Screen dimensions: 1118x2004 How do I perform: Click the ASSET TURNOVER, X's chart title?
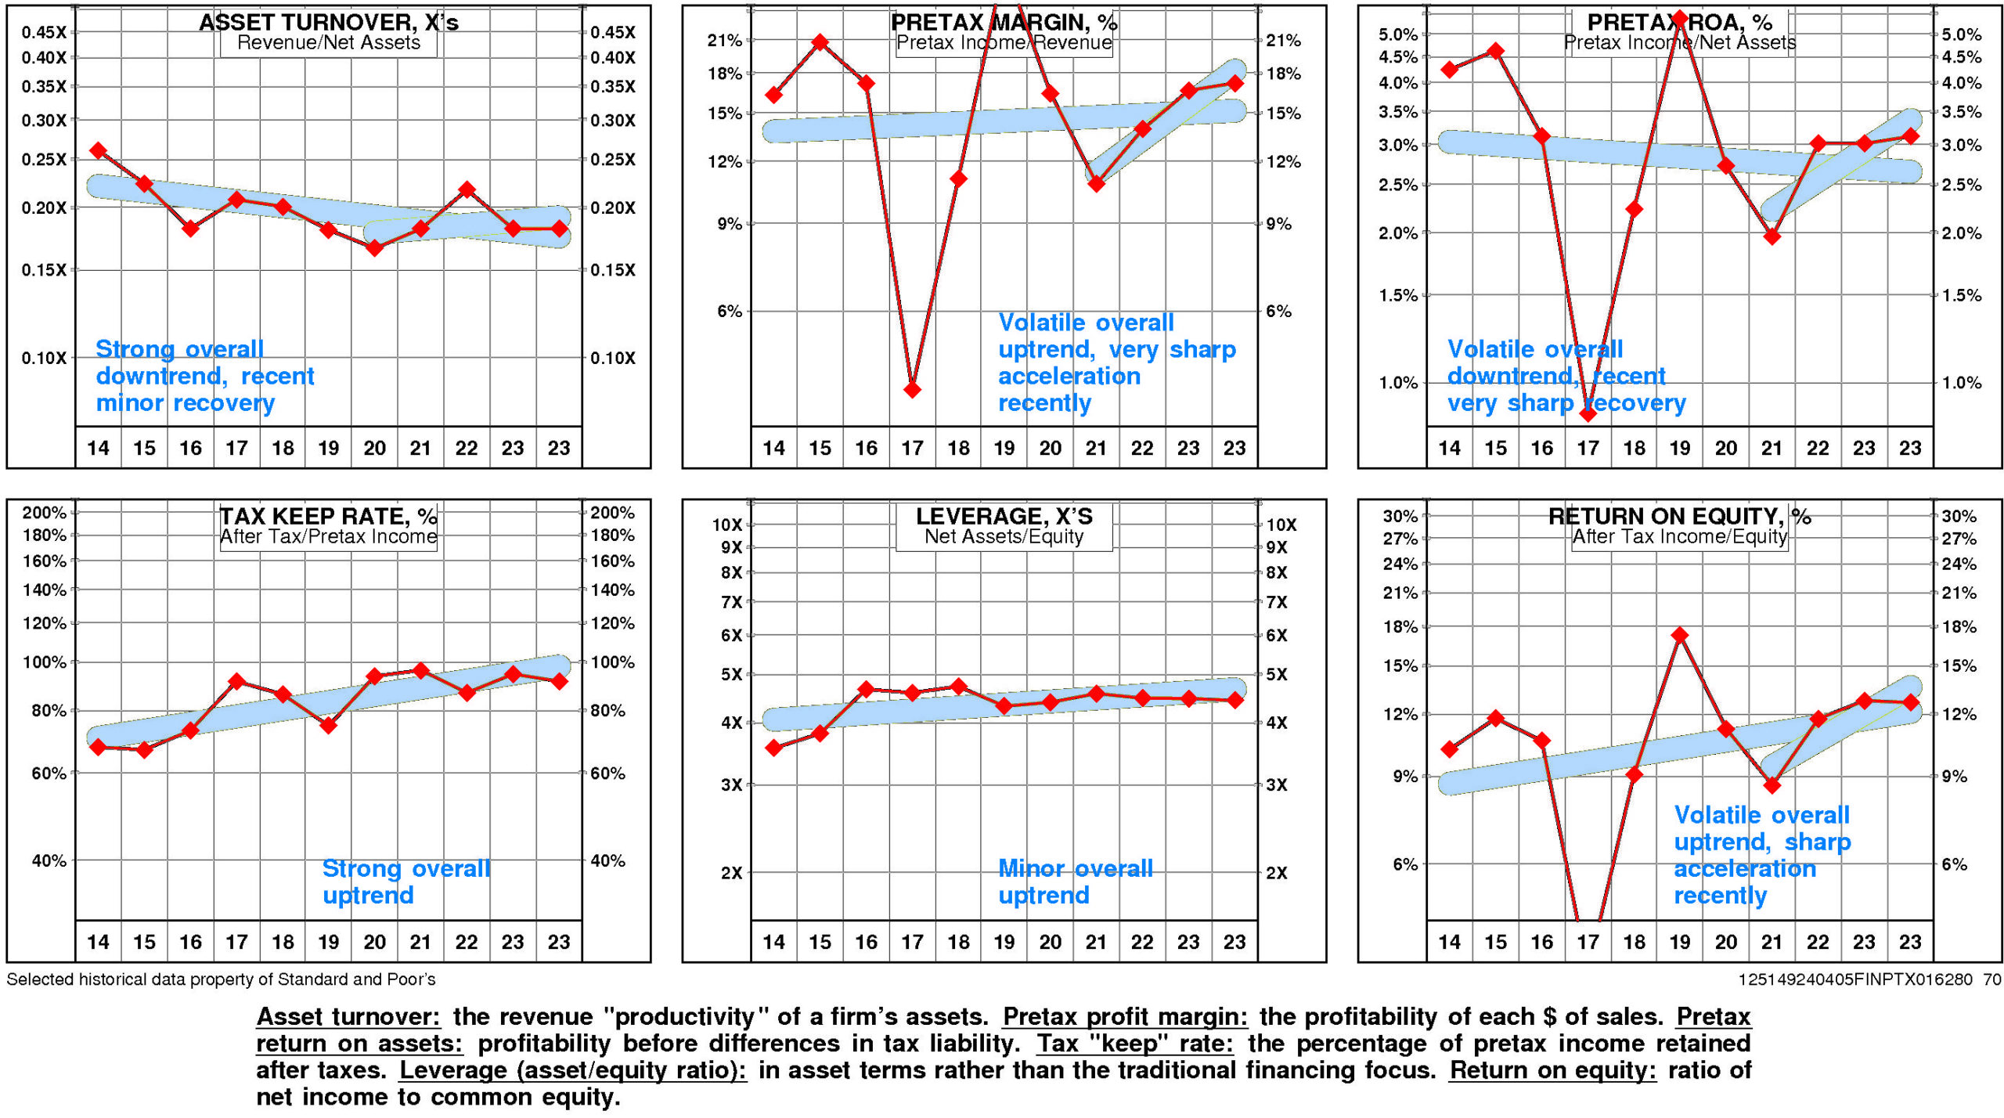coord(328,22)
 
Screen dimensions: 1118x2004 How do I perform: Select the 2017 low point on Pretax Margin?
coord(912,389)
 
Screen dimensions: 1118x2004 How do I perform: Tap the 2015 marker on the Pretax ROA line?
coord(1495,52)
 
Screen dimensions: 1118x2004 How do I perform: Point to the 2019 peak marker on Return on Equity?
coord(1680,635)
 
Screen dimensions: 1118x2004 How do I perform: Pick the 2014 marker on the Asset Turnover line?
coord(98,150)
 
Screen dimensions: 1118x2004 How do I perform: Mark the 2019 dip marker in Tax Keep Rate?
coord(329,726)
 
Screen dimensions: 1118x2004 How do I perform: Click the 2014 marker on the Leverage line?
coord(774,748)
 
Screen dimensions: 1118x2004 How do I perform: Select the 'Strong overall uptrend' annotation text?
coord(406,882)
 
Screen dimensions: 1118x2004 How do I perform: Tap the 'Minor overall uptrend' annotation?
coord(1075,882)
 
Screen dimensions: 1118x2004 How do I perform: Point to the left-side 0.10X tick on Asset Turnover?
coord(44,359)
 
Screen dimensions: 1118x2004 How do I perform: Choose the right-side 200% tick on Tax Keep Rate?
coord(612,513)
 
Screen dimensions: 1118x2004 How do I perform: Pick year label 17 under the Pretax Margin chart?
coord(912,449)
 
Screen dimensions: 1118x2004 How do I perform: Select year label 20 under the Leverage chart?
coord(1050,942)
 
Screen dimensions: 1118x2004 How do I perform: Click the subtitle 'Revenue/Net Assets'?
coord(328,43)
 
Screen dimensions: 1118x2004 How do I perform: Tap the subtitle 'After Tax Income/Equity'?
coord(1680,537)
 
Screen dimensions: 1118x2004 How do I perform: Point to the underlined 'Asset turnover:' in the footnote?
coord(348,1017)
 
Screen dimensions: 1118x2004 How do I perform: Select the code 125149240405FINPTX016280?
coord(1858,979)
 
